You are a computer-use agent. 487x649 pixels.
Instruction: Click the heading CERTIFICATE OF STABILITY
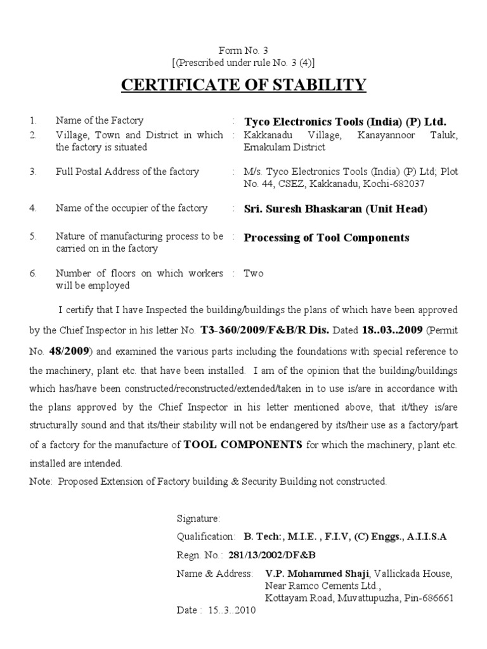(x=243, y=84)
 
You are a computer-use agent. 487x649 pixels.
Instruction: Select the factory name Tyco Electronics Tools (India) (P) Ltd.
(x=345, y=121)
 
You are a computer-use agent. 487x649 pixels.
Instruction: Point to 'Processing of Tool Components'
(x=327, y=238)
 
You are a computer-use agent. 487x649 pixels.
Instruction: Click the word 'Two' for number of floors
(x=254, y=274)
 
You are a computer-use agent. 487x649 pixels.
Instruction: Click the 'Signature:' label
(x=198, y=518)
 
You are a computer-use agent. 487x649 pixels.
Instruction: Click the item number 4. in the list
(x=33, y=209)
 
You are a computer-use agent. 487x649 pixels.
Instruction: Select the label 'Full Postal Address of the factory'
(x=127, y=172)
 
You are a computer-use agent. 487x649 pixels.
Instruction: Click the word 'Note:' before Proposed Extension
(x=41, y=482)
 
